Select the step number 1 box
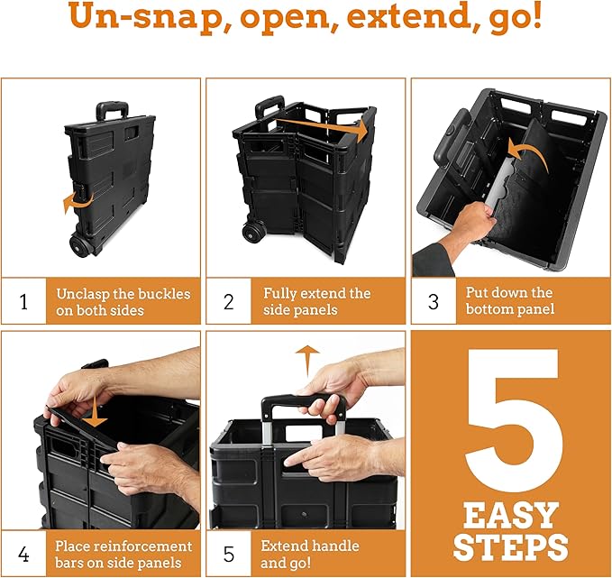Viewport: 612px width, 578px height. pos(23,301)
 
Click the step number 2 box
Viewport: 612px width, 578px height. pos(229,301)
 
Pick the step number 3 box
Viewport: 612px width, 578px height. pos(434,301)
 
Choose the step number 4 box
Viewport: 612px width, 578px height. pos(23,554)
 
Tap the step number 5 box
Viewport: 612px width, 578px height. pos(229,554)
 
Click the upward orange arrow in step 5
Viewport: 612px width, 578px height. pos(308,359)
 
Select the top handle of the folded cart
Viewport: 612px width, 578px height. pos(112,112)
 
